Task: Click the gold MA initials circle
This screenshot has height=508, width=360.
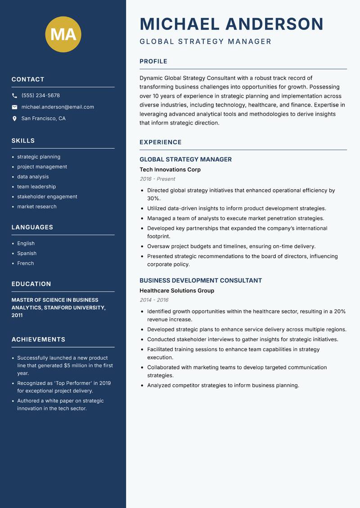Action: [x=63, y=35]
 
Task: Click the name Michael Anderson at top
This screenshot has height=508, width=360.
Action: [x=232, y=24]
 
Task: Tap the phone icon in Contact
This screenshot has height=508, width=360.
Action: [x=14, y=96]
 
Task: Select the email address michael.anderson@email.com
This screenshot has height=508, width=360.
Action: [x=58, y=107]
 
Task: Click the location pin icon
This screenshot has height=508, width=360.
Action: [x=14, y=119]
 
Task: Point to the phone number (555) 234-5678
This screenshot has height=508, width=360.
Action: [x=40, y=95]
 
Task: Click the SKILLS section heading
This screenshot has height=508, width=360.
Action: [x=23, y=141]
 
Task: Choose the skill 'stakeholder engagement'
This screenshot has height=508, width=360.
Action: [x=47, y=196]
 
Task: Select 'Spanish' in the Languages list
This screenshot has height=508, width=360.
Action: [x=27, y=253]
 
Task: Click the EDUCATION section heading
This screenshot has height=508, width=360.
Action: [x=31, y=284]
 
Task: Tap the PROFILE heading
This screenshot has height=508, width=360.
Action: [x=153, y=62]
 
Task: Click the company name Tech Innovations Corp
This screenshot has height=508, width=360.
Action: [x=170, y=169]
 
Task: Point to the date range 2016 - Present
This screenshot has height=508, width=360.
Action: [x=157, y=179]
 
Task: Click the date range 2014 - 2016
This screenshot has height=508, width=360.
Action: [x=154, y=300]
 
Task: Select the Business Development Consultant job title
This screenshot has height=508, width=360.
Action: [x=200, y=281]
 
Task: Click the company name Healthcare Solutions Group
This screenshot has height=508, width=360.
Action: [x=177, y=290]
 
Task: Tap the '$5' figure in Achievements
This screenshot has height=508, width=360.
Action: [x=68, y=365]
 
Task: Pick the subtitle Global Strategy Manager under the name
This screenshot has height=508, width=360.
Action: [x=206, y=42]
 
